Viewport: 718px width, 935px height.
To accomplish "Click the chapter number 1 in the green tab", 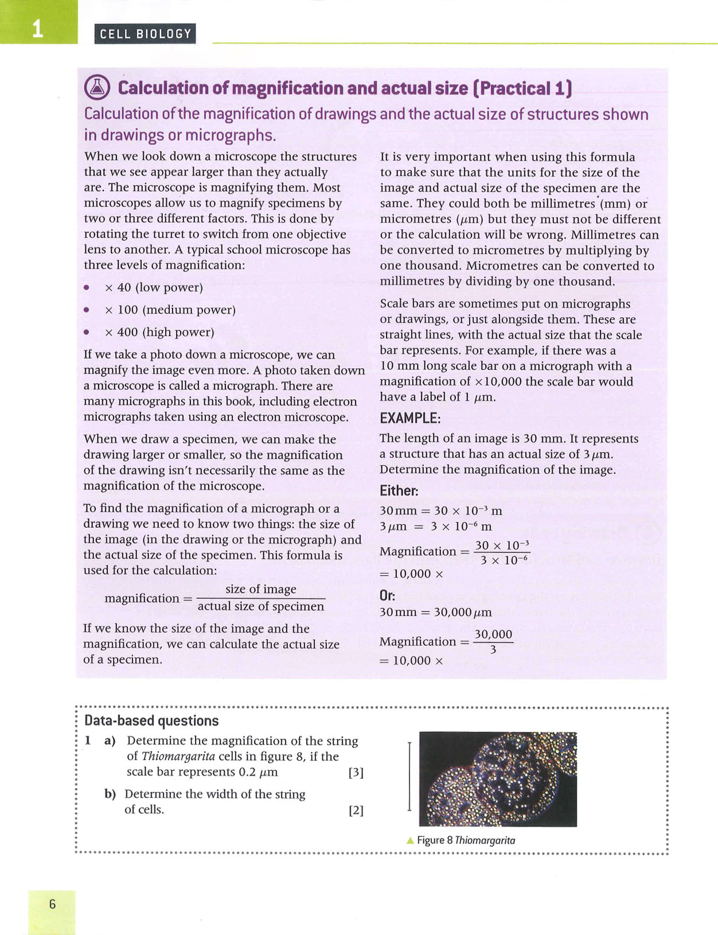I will tap(38, 28).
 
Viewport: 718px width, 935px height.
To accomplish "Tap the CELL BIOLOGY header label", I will tap(145, 34).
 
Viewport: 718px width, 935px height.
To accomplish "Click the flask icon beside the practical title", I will tap(96, 87).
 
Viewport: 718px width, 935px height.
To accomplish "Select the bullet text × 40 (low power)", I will tap(154, 287).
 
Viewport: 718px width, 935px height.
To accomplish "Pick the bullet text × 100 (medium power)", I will tap(170, 310).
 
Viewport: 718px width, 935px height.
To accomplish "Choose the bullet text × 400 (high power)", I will tap(159, 332).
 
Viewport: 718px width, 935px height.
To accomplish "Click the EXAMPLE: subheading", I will tap(410, 418).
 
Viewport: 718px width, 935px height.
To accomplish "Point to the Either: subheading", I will tap(399, 491).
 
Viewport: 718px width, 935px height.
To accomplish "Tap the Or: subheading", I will tap(388, 595).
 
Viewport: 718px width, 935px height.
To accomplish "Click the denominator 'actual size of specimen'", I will tap(261, 606).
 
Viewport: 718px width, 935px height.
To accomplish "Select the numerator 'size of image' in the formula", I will tap(261, 589).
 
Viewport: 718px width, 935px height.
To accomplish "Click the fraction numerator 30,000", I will tap(493, 634).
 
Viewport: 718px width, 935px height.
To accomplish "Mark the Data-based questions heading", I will tap(151, 721).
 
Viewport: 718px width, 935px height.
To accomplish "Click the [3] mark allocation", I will tap(356, 772).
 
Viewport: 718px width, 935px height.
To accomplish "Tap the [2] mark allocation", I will tap(356, 811).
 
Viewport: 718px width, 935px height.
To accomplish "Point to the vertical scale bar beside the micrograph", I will tap(409, 776).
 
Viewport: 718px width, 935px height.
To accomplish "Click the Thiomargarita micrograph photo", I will tap(498, 779).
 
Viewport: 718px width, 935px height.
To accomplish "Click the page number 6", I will tap(52, 905).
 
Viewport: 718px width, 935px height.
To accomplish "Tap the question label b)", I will tap(110, 794).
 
